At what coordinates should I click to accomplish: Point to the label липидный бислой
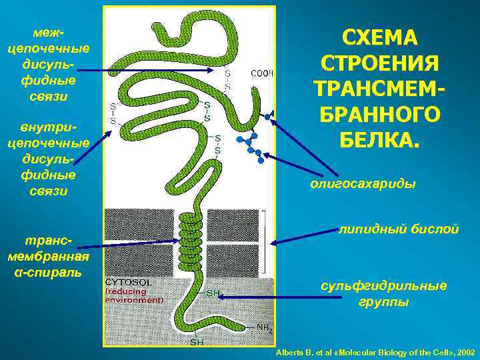click(x=398, y=229)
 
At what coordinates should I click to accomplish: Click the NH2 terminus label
click(x=265, y=327)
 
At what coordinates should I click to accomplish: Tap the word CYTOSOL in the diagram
click(x=129, y=282)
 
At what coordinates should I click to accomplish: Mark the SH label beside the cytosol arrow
click(x=213, y=293)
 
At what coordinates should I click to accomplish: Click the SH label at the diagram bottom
click(x=197, y=342)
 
